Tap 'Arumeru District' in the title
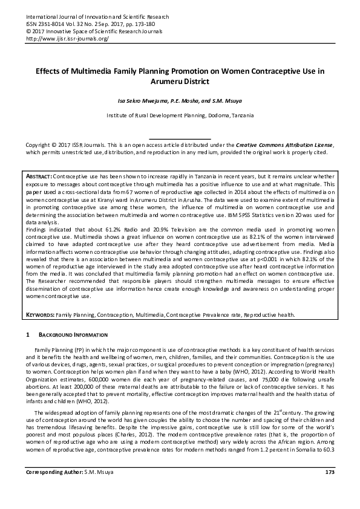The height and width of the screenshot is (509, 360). click(x=180, y=80)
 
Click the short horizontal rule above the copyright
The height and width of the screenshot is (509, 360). click(x=180, y=138)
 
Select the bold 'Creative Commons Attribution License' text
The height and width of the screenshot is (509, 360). click(x=284, y=146)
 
